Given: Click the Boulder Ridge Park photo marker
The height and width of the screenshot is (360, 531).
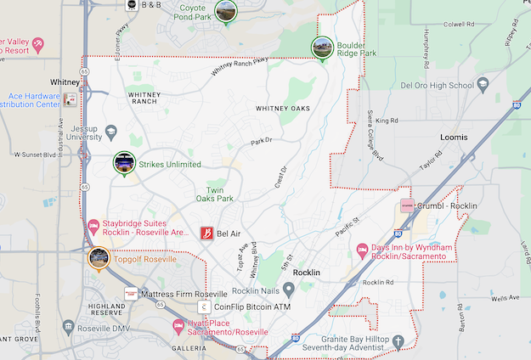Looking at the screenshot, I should tap(322, 48).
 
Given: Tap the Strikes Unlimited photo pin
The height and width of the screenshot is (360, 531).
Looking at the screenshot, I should tap(124, 162).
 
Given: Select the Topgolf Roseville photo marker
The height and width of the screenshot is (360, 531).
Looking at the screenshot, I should tap(99, 258).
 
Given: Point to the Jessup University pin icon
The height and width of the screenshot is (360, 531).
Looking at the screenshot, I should tap(111, 132).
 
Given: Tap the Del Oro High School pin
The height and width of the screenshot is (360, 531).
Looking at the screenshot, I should tap(483, 85).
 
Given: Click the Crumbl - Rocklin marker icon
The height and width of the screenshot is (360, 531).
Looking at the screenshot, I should tap(407, 206).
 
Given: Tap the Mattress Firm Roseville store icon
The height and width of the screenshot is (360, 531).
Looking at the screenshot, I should tap(131, 293).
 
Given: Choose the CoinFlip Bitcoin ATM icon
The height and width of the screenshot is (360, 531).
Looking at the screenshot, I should tap(203, 307).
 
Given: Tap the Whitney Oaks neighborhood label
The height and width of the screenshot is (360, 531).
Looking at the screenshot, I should tap(283, 109).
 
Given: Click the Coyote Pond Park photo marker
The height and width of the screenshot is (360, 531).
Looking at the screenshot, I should tap(226, 11).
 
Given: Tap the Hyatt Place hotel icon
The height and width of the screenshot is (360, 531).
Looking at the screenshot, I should tap(178, 325).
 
